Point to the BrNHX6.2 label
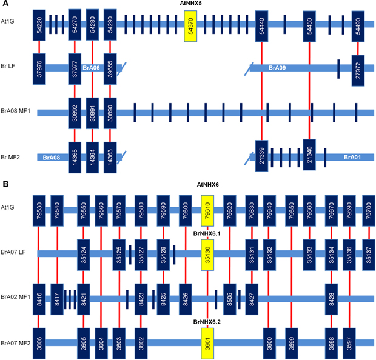coord(207,322)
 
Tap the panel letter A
coord(5,4)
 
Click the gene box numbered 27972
coord(358,70)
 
